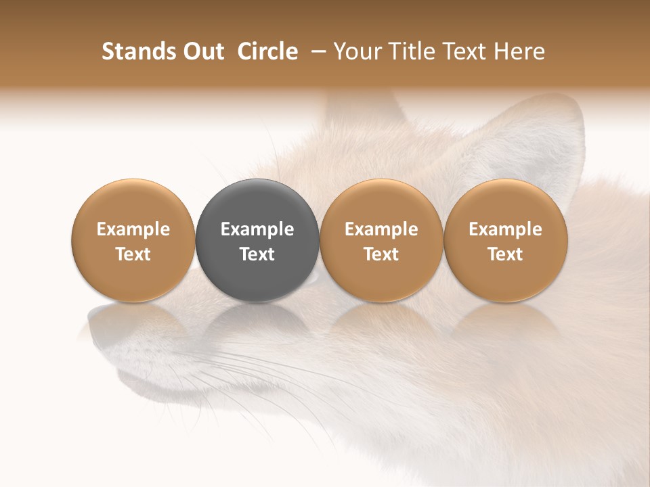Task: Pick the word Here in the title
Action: coord(520,52)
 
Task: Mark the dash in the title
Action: coord(319,52)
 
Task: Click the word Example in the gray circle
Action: coord(257,230)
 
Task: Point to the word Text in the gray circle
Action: coord(257,255)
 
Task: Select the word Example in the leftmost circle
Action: coord(133,230)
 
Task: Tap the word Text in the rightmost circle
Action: coord(506,255)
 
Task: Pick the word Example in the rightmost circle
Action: coord(506,230)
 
